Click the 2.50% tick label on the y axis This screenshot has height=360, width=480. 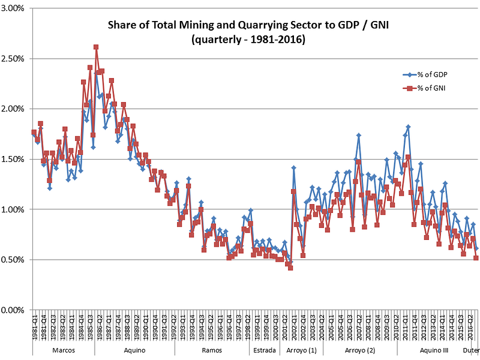(14, 59)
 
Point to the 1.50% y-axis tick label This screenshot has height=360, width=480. (14, 159)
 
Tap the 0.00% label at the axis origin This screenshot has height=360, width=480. (14, 310)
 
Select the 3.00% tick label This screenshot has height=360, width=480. (14, 8)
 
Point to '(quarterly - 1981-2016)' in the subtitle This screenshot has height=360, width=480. (245, 40)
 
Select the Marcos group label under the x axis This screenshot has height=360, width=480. (64, 350)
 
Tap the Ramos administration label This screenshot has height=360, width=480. (212, 350)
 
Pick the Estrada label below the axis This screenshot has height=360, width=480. (264, 350)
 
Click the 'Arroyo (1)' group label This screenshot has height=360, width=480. (301, 350)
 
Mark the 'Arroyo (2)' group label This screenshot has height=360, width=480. (361, 350)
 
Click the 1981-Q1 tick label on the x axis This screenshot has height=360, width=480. (34, 327)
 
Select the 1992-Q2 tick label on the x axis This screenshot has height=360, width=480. (173, 327)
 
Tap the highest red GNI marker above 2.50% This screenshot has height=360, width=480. (96, 47)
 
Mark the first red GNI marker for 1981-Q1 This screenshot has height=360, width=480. (34, 133)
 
